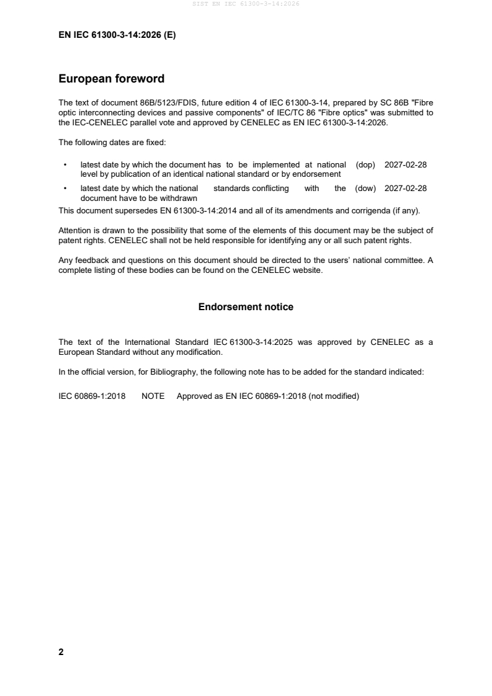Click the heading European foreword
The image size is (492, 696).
pyautogui.click(x=111, y=79)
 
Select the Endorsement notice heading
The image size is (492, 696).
pyautogui.click(x=246, y=307)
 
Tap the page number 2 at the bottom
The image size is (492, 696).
pyautogui.click(x=61, y=652)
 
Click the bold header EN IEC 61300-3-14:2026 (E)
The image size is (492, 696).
pyautogui.click(x=117, y=35)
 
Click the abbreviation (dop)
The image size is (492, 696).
pyautogui.click(x=365, y=165)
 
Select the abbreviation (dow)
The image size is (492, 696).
pyautogui.click(x=365, y=189)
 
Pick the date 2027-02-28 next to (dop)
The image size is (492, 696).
pyautogui.click(x=406, y=165)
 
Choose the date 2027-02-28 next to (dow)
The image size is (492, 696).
pyautogui.click(x=406, y=189)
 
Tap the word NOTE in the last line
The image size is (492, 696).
pyautogui.click(x=153, y=396)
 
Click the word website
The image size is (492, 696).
pyautogui.click(x=306, y=270)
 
